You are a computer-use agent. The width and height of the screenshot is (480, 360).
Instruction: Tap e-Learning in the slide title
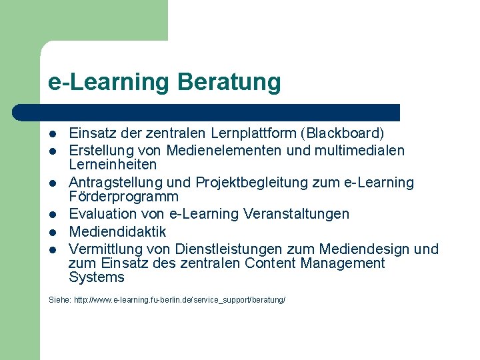pyautogui.click(x=109, y=82)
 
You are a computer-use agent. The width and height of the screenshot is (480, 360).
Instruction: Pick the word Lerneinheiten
pyautogui.click(x=113, y=164)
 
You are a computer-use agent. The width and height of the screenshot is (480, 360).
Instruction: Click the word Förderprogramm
pyautogui.click(x=123, y=197)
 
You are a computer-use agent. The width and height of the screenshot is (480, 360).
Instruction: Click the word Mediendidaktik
pyautogui.click(x=117, y=232)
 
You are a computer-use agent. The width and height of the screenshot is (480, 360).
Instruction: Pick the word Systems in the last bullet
pyautogui.click(x=97, y=277)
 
